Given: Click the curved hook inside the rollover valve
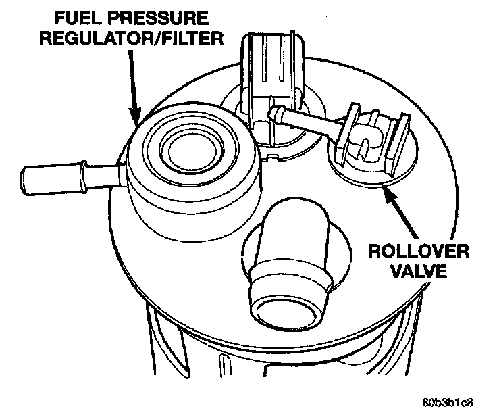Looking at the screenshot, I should click(367, 145).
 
